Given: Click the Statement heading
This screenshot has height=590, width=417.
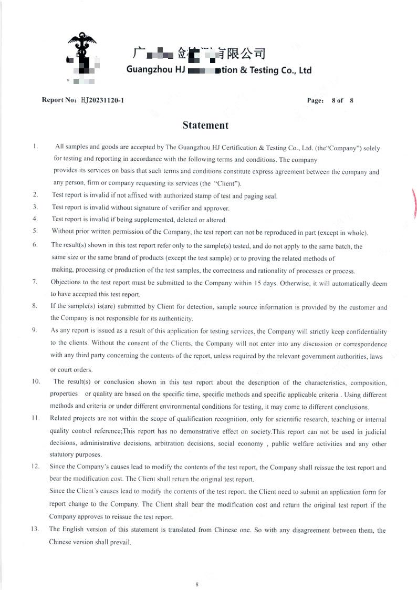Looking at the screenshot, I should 205,126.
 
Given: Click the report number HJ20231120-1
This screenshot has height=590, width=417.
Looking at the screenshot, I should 102,100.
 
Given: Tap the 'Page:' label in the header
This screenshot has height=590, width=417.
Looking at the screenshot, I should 315,100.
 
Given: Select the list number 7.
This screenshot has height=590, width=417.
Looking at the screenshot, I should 35,282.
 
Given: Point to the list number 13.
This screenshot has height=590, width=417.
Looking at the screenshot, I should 35,529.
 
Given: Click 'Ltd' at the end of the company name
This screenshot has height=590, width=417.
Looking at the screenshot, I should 305,70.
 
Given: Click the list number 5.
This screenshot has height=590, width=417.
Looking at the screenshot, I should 35,231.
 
